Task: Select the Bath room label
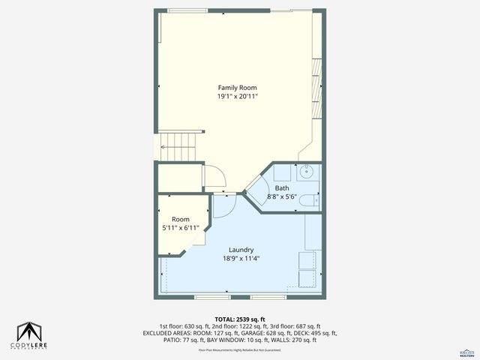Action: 281,188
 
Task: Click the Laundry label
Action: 241,250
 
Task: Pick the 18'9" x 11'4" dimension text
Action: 241,259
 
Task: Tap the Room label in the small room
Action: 180,219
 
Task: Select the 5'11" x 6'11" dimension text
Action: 180,228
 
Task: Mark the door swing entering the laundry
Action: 223,205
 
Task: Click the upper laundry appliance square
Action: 307,260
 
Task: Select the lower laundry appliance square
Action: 307,279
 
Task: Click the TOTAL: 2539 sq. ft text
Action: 240,319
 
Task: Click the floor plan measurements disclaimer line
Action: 240,349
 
